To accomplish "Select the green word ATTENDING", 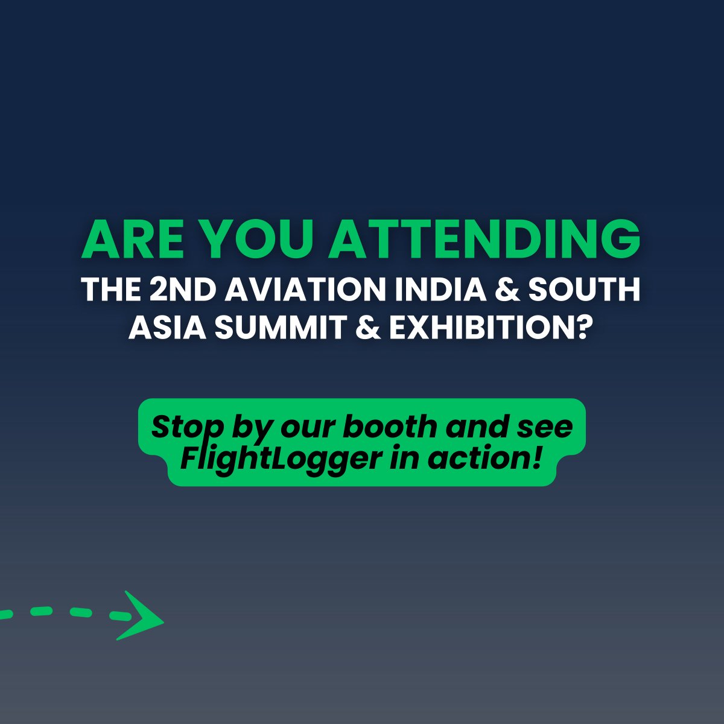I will pyautogui.click(x=484, y=239).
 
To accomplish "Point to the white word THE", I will pyautogui.click(x=110, y=290).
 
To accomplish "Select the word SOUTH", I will pyautogui.click(x=584, y=290).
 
